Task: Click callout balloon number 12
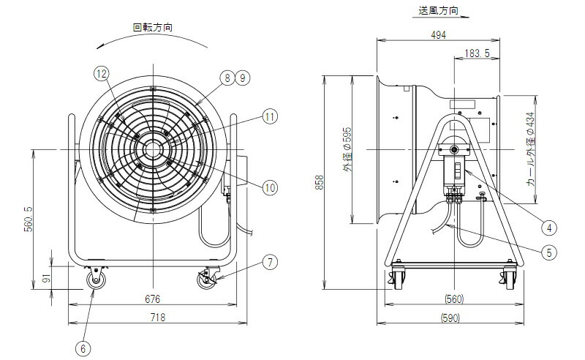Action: (101, 73)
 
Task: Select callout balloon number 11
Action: (271, 116)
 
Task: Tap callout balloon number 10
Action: (271, 188)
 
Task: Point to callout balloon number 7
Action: (271, 261)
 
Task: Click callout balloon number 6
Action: (83, 349)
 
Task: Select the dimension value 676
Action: (152, 299)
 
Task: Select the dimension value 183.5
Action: (477, 53)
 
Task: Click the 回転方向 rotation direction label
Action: (152, 27)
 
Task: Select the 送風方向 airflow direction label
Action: (439, 12)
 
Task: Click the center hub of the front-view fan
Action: (152, 150)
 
